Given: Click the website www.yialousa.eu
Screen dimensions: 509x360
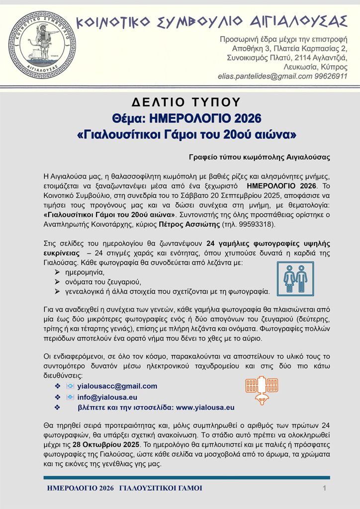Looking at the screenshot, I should click(x=205, y=408).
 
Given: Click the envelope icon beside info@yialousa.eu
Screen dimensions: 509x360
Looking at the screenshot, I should click(x=70, y=397).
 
